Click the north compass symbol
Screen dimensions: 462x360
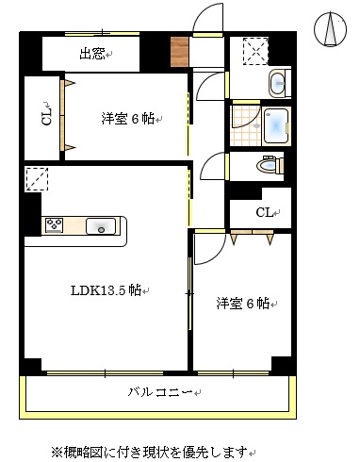click(331, 28)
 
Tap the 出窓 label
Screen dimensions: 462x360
click(93, 55)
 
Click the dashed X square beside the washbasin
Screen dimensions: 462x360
click(254, 50)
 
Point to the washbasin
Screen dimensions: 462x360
click(278, 84)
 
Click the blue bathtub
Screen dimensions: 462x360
click(276, 125)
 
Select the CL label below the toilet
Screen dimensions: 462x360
click(267, 213)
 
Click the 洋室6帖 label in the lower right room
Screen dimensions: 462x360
click(242, 304)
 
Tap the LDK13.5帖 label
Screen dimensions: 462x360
click(106, 290)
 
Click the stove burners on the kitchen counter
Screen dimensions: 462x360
click(54, 225)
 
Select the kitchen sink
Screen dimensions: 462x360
click(101, 225)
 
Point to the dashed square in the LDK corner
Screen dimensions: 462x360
click(37, 178)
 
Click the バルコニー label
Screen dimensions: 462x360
click(160, 390)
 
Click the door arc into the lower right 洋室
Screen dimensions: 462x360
click(209, 248)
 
